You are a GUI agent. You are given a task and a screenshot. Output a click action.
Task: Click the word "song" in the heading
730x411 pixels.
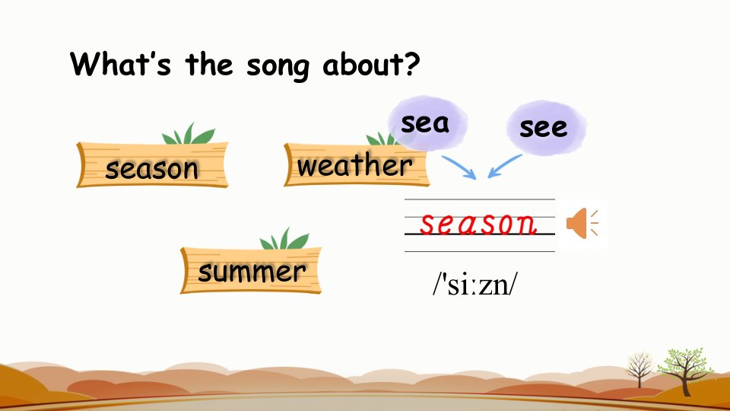[278, 67]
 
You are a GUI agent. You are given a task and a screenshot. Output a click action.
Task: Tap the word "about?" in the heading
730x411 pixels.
[372, 64]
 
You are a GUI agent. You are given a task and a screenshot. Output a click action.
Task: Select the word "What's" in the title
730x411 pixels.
[121, 63]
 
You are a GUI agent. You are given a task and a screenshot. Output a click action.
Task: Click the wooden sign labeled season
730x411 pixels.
[152, 165]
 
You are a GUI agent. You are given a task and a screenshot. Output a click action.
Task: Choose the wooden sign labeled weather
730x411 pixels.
[356, 164]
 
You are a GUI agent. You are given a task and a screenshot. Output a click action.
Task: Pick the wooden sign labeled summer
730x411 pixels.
[251, 269]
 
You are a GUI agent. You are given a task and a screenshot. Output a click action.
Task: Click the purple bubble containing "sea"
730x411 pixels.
[427, 123]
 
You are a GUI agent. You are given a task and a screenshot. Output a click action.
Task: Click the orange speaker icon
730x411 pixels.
[582, 224]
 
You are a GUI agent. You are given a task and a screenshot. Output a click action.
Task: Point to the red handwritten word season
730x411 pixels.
[478, 224]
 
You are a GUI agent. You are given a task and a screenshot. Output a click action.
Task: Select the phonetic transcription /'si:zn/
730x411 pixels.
[474, 284]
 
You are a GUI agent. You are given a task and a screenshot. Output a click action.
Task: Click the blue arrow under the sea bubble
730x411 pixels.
[459, 167]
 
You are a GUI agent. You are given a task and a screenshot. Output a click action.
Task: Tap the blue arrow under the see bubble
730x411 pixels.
[505, 166]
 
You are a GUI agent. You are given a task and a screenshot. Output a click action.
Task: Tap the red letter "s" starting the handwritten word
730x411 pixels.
[429, 224]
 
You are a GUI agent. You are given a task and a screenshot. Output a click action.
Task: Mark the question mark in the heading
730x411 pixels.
[412, 64]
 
